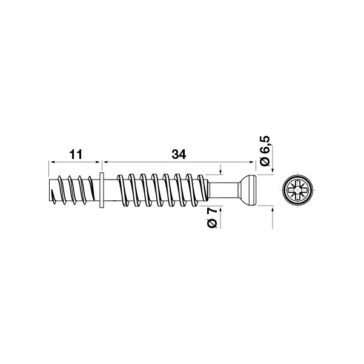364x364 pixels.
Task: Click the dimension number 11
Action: click(x=76, y=155)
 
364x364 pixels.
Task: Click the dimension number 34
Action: click(x=179, y=155)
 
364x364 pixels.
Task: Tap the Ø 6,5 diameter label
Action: click(x=265, y=150)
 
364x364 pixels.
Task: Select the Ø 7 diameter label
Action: click(x=212, y=218)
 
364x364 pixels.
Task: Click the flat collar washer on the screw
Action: click(x=102, y=190)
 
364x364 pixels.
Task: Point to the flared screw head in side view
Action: click(x=247, y=190)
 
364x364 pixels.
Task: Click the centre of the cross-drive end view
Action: click(x=297, y=190)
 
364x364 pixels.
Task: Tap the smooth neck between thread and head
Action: click(x=223, y=190)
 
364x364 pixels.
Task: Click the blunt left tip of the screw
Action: click(x=49, y=190)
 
